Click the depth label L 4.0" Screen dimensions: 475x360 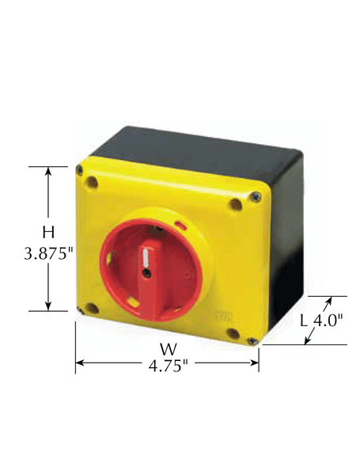click(324, 321)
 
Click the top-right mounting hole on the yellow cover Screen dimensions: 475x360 click(235, 204)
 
